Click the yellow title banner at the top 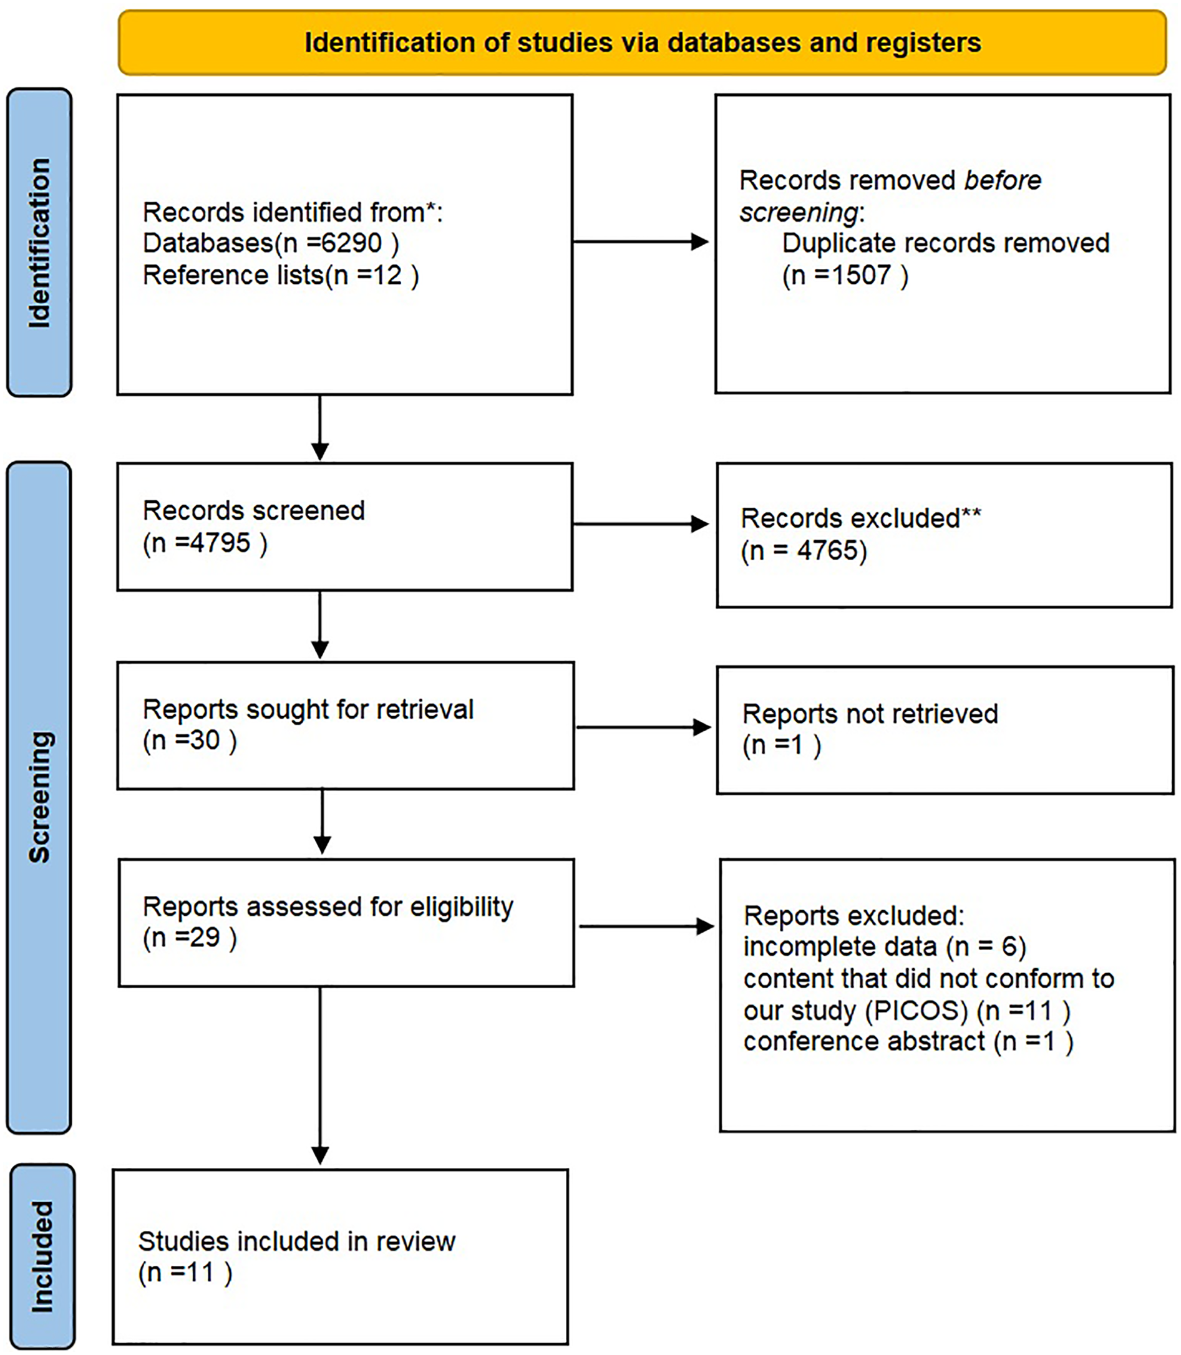point(642,42)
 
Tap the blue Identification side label point(39,243)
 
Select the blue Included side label point(42,1256)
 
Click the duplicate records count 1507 point(861,275)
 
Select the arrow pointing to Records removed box point(640,242)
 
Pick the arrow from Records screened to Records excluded point(640,524)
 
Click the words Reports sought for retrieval point(308,710)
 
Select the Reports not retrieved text point(869,714)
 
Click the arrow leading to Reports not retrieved point(643,727)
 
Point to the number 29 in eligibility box point(204,937)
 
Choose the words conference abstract point(864,1041)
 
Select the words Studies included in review point(296,1241)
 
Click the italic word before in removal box point(1002,180)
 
